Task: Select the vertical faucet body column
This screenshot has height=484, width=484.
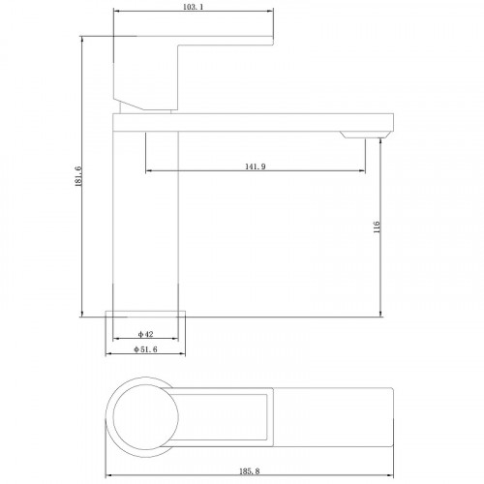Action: pyautogui.click(x=148, y=223)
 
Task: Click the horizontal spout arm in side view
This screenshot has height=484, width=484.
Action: pyautogui.click(x=252, y=121)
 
